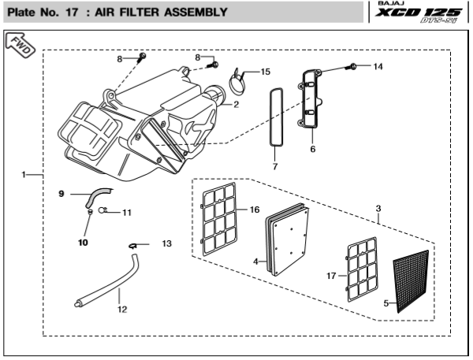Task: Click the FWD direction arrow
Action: tap(20, 45)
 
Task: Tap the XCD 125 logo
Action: tap(419, 13)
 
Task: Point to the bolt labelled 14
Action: tap(350, 66)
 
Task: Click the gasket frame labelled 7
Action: tap(277, 117)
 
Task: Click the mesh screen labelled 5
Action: tap(412, 281)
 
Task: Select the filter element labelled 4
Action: tap(287, 239)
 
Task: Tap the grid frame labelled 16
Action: tap(219, 219)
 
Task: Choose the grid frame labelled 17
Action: tap(362, 269)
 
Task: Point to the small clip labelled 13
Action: tap(132, 247)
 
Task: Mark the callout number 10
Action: tap(83, 243)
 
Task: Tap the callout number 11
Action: tap(127, 213)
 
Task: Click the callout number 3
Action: tap(378, 208)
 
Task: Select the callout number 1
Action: tap(24, 174)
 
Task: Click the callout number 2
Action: tap(236, 104)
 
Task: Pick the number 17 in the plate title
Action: tap(72, 13)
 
